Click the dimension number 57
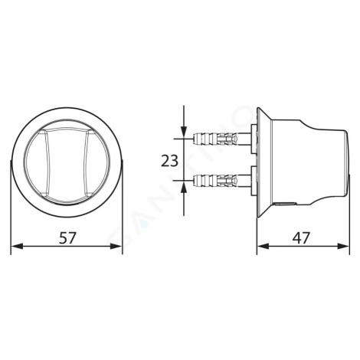pos(67,238)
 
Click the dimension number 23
pos(169,161)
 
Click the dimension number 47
pos(301,238)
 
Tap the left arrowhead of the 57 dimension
pos(17,247)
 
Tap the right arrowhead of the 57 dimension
pos(116,247)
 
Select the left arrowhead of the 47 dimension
pos(263,247)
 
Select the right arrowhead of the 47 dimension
pos(343,247)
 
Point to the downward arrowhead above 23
pos(184,133)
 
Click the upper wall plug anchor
pos(217,139)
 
